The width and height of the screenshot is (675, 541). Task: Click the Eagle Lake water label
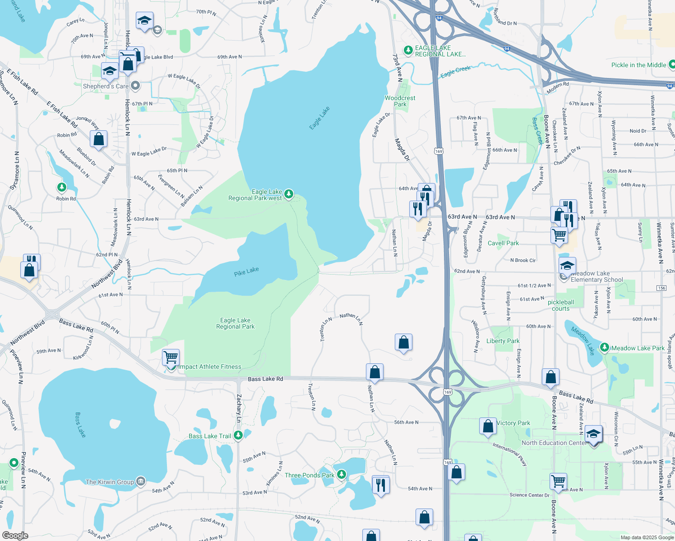coord(319,118)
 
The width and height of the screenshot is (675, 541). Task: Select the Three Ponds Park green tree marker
coord(342,474)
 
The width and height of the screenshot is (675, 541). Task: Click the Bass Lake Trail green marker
coord(238,436)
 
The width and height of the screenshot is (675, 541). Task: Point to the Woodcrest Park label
coord(400,101)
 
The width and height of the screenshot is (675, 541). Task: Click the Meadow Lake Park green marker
coord(605,348)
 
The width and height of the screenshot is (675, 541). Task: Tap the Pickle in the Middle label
coord(638,65)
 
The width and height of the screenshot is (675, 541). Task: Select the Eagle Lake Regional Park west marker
coord(289,194)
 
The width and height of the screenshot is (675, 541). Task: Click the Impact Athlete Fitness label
coord(210,367)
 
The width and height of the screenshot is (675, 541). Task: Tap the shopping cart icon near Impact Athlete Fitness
coord(171,357)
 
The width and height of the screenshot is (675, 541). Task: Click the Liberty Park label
coord(503,341)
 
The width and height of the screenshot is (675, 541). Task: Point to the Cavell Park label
coord(503,243)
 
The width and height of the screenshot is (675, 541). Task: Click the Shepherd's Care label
coord(106,86)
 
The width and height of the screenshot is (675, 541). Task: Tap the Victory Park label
coord(513,423)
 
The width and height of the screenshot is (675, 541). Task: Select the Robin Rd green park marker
coord(62,187)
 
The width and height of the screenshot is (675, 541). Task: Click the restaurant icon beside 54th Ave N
coord(380,485)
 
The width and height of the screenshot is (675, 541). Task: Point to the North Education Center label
coord(553,443)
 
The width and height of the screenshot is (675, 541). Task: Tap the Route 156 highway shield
coord(661,288)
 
